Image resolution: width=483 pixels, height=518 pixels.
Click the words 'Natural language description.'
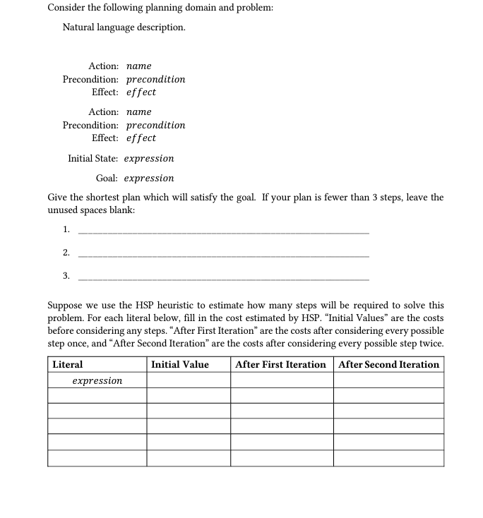(124, 28)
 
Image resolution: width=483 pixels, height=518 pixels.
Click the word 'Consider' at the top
(67, 8)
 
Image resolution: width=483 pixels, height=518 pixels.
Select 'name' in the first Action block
(138, 66)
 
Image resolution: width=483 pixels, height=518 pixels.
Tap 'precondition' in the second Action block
(155, 125)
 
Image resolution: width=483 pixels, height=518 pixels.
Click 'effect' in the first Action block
(141, 92)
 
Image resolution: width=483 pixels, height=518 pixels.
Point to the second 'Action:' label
(103, 112)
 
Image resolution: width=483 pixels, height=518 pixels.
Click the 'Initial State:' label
(93, 158)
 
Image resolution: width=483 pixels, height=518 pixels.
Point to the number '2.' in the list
(66, 252)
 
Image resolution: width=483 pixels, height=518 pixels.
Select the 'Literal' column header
(68, 365)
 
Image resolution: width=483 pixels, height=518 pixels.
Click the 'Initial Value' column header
(180, 365)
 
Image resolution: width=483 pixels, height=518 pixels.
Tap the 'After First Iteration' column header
(280, 365)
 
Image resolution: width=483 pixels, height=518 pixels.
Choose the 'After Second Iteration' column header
(388, 365)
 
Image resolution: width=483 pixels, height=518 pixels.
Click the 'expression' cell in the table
(97, 381)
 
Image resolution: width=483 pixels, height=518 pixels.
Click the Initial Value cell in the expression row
(189, 381)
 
